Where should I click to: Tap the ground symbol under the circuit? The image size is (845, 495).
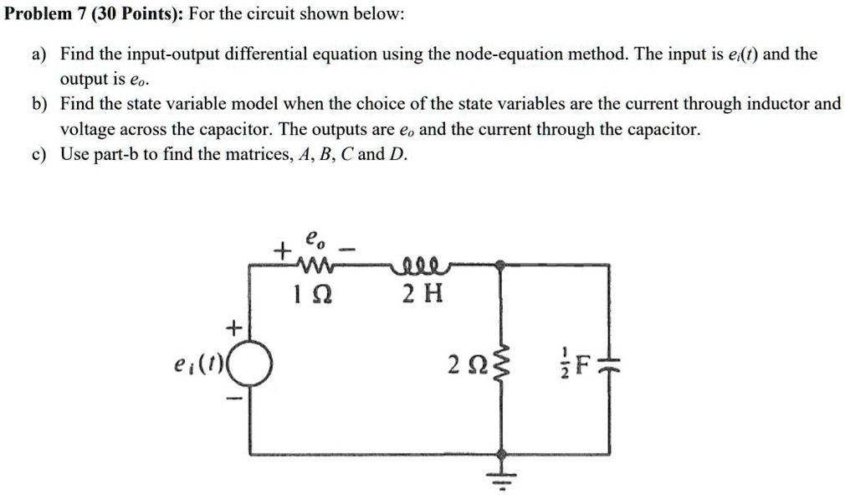502,478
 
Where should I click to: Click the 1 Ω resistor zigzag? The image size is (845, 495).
312,264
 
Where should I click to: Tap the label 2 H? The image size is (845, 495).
422,295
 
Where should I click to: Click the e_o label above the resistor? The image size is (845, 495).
315,239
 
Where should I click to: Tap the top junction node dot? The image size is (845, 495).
501,265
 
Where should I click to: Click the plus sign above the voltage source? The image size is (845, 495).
233,327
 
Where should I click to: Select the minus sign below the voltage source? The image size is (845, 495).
234,400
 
